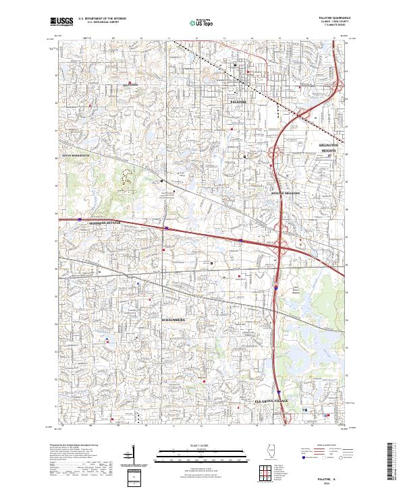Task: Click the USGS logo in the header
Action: [61, 22]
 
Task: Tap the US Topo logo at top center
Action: [202, 22]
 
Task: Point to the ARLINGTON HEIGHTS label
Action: [331, 148]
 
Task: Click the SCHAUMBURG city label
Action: [178, 318]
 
